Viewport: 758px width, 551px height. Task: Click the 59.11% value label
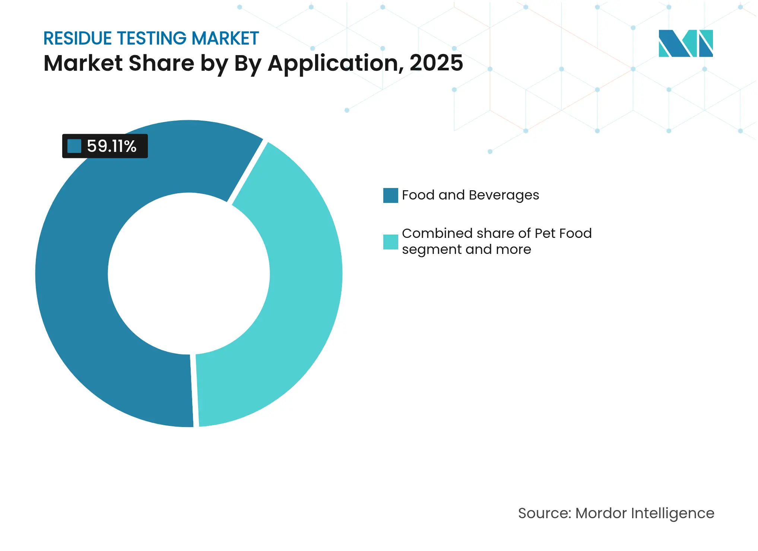pyautogui.click(x=111, y=146)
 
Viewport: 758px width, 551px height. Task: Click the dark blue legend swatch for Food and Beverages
pyautogui.click(x=390, y=195)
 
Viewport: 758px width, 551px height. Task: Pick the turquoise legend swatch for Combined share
pyautogui.click(x=390, y=242)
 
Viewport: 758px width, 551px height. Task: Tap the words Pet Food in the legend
pyautogui.click(x=563, y=233)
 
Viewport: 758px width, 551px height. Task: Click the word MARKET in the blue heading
pyautogui.click(x=225, y=39)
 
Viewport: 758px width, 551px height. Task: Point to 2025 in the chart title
pyautogui.click(x=436, y=63)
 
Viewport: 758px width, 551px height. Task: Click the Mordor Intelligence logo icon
pyautogui.click(x=685, y=43)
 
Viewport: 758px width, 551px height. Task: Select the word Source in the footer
pyautogui.click(x=544, y=513)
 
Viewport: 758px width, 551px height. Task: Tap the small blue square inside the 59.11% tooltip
pyautogui.click(x=74, y=146)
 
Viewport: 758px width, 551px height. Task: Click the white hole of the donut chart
pyautogui.click(x=188, y=274)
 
